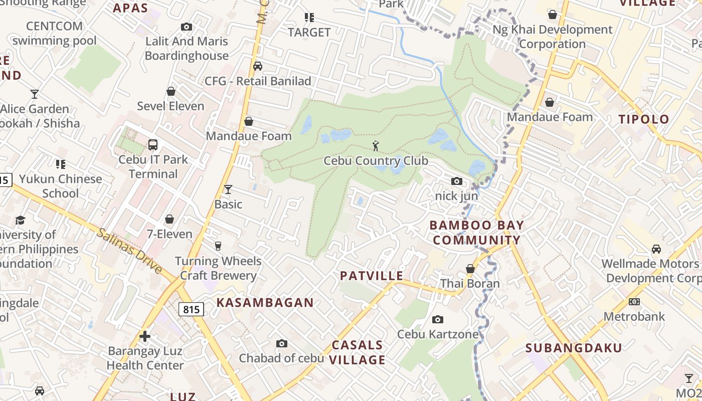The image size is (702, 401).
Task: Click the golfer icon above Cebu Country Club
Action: (x=376, y=146)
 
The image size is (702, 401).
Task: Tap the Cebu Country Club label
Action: (x=376, y=161)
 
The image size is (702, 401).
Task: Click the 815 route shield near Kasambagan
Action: (x=191, y=309)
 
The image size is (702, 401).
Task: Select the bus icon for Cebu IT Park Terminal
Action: (x=153, y=145)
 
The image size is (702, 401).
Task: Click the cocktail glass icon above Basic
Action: (x=228, y=189)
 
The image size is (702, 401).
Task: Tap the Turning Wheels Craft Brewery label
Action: (x=218, y=268)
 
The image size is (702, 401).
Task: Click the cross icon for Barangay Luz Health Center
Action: (x=145, y=336)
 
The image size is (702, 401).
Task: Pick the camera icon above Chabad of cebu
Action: (x=282, y=343)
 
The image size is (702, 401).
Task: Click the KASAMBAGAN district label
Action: (x=265, y=302)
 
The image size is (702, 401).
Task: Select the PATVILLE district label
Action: (x=372, y=276)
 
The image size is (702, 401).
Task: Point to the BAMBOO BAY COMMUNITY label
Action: (x=477, y=233)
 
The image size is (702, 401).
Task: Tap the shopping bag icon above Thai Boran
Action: (x=470, y=269)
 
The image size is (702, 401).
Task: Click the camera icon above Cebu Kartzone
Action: (x=438, y=319)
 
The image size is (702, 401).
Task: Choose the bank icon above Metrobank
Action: (x=634, y=301)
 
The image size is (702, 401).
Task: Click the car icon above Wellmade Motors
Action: (x=656, y=249)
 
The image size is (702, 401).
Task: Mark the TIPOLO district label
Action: (x=644, y=119)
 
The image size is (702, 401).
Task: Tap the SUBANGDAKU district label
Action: (x=574, y=347)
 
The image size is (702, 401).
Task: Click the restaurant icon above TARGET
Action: (x=309, y=18)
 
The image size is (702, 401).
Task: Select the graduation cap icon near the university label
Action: (x=20, y=220)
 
